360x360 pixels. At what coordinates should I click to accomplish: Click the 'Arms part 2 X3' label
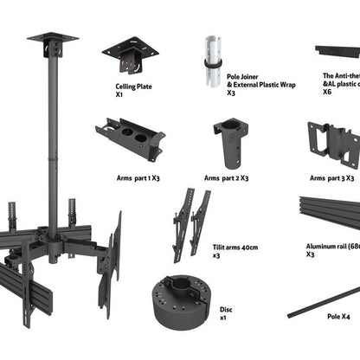point(227,177)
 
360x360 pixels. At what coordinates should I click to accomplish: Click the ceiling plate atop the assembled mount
point(52,40)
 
